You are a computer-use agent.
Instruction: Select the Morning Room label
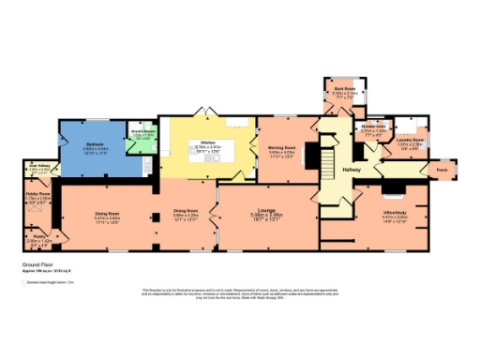click(x=283, y=146)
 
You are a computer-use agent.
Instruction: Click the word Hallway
click(x=351, y=169)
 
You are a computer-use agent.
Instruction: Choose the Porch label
click(x=442, y=170)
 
